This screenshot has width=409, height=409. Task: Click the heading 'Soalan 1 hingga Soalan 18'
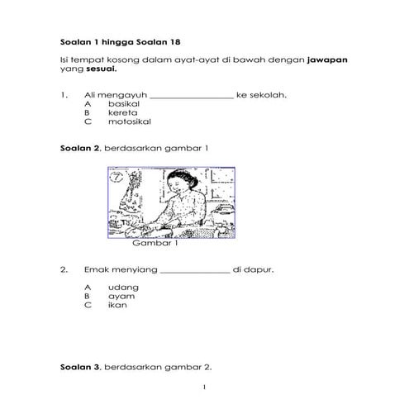(121, 41)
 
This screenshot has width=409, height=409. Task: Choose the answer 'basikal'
(124, 104)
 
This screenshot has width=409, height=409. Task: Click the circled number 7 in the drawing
(117, 177)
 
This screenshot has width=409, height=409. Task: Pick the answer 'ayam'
(121, 295)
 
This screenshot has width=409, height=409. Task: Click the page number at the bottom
(204, 388)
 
